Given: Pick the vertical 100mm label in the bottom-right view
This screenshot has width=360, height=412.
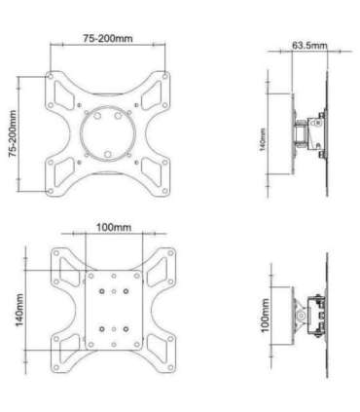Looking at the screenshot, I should point(265,317).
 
